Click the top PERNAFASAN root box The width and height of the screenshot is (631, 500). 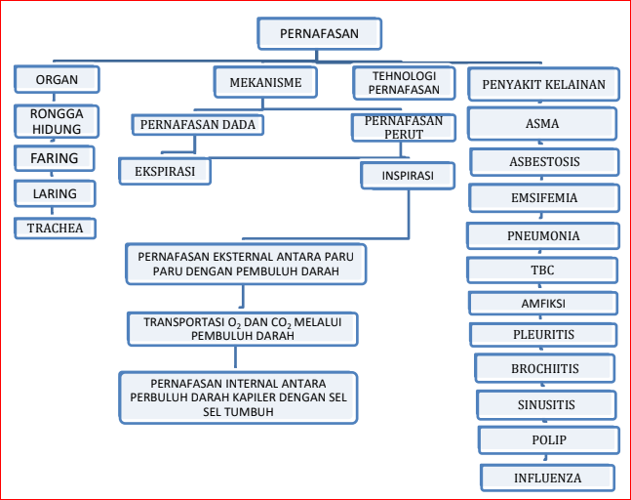[320, 33]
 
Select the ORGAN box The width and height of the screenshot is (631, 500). [57, 79]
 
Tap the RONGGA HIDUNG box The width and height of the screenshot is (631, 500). [57, 121]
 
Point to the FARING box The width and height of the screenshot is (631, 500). [55, 158]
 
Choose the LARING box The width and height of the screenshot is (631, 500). [55, 193]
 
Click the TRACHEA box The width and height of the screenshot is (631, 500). [56, 229]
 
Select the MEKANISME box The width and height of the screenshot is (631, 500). [265, 82]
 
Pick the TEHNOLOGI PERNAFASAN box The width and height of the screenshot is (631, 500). [404, 83]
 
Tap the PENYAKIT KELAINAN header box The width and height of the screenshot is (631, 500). [543, 84]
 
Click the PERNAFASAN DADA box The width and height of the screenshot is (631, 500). [198, 124]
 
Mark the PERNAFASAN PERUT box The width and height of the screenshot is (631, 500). [404, 128]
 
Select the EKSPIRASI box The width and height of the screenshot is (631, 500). [165, 171]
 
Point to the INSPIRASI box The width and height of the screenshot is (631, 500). [408, 176]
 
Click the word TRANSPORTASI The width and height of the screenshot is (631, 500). [184, 322]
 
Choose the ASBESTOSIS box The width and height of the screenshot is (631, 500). [544, 162]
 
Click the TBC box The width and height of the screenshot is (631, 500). [542, 270]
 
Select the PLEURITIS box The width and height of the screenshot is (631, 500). [543, 334]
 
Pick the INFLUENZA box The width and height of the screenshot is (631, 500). [548, 478]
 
